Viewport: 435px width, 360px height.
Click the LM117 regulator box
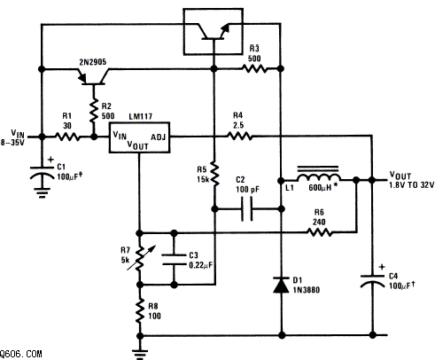(139, 137)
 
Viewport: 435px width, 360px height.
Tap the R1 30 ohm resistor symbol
(67, 137)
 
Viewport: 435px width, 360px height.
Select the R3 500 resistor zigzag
(254, 69)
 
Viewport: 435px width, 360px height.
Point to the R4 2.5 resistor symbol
(239, 137)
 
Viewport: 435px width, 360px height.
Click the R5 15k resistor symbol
(214, 174)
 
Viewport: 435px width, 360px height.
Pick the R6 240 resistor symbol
(319, 232)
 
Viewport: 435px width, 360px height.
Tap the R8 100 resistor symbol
(140, 311)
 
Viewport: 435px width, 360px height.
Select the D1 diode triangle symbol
(281, 285)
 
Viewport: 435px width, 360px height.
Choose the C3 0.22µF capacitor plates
(174, 259)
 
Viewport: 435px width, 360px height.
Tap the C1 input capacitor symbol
(43, 173)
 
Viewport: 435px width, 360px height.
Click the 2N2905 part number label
(92, 62)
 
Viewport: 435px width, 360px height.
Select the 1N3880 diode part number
(306, 290)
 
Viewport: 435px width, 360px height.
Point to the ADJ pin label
(159, 137)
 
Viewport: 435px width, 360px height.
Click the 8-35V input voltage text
(12, 143)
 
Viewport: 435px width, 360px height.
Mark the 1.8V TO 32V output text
(412, 185)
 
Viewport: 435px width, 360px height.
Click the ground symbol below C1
(43, 192)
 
